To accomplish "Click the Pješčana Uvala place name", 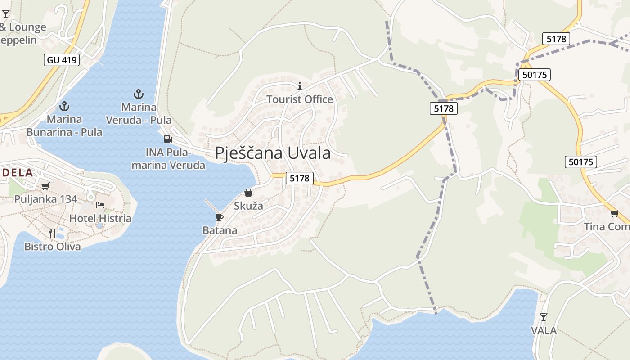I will (273, 153).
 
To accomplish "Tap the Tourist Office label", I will (300, 99).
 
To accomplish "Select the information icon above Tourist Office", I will (300, 85).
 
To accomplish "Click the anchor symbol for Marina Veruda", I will (139, 94).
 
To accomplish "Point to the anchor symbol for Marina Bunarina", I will (64, 106).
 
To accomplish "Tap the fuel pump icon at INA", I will (168, 139).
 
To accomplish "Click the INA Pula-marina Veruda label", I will (168, 159).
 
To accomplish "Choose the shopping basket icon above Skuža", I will (248, 193).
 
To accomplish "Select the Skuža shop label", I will (248, 206).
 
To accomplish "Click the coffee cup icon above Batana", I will (219, 217).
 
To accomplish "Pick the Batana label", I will (220, 230).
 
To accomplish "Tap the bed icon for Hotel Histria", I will (100, 205).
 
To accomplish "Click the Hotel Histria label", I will (100, 219).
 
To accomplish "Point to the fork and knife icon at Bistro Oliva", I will (52, 233).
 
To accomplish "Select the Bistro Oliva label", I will (53, 247).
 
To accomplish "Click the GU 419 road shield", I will (62, 59).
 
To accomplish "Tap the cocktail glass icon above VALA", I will (544, 317).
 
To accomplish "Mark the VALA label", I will (544, 331).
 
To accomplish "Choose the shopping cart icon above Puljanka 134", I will (45, 186).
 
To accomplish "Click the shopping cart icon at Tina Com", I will (614, 213).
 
